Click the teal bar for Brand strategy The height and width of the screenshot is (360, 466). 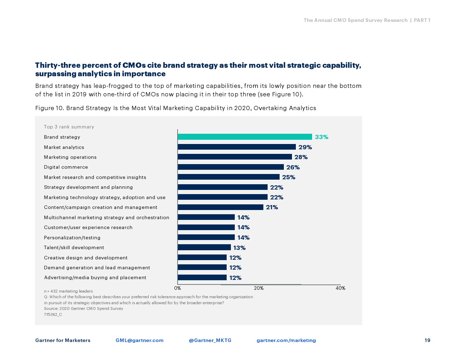pyautogui.click(x=245, y=137)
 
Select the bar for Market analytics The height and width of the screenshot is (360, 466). pyautogui.click(x=237, y=147)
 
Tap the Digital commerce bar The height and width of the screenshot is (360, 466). pyautogui.click(x=231, y=167)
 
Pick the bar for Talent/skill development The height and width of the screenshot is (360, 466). pyautogui.click(x=204, y=247)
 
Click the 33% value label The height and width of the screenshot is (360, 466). pyautogui.click(x=321, y=137)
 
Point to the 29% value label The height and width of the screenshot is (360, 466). pyautogui.click(x=305, y=147)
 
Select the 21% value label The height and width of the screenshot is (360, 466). pyautogui.click(x=272, y=207)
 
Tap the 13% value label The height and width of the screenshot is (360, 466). pyautogui.click(x=239, y=248)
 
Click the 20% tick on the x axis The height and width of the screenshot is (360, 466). pyautogui.click(x=259, y=288)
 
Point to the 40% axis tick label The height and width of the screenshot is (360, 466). pyautogui.click(x=340, y=288)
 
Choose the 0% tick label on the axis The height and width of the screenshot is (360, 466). pyautogui.click(x=178, y=288)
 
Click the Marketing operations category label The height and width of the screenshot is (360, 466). pyautogui.click(x=70, y=157)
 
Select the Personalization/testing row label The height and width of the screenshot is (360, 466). pyautogui.click(x=72, y=238)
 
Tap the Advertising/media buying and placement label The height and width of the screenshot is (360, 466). pyautogui.click(x=95, y=277)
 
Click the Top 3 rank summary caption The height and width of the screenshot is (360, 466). pyautogui.click(x=69, y=127)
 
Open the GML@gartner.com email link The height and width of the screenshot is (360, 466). pyautogui.click(x=139, y=340)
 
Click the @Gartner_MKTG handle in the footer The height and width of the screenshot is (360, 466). pyautogui.click(x=210, y=340)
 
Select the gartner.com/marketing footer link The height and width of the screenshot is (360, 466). pyautogui.click(x=286, y=340)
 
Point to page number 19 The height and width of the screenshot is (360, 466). pyautogui.click(x=427, y=340)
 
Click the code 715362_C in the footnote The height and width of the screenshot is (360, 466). pyautogui.click(x=53, y=314)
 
